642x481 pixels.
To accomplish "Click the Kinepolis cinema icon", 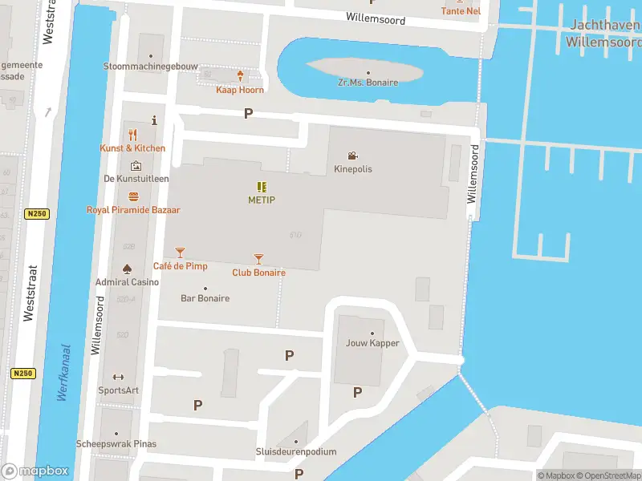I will pyautogui.click(x=353, y=156).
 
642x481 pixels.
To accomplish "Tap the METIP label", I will pyautogui.click(x=262, y=200).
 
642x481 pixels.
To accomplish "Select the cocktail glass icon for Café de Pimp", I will pyautogui.click(x=180, y=253).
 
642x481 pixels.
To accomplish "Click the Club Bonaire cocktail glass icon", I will pyautogui.click(x=258, y=259).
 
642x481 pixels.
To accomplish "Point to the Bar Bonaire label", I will pyautogui.click(x=205, y=298).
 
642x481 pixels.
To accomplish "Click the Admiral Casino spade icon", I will pyautogui.click(x=127, y=269).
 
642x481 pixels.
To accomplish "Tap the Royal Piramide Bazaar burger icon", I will pyautogui.click(x=133, y=196).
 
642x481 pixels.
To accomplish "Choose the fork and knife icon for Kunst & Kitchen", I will pyautogui.click(x=133, y=135).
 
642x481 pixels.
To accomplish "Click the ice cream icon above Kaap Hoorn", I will pyautogui.click(x=240, y=76).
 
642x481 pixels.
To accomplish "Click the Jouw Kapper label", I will pyautogui.click(x=372, y=343).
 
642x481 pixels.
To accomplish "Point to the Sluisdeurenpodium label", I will pyautogui.click(x=296, y=451).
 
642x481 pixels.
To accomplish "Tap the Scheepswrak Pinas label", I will pyautogui.click(x=116, y=443).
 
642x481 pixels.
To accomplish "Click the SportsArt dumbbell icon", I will pyautogui.click(x=119, y=377).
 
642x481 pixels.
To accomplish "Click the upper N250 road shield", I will pyautogui.click(x=36, y=214).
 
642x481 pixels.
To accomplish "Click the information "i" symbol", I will pyautogui.click(x=153, y=120).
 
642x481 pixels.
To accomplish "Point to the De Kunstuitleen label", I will pyautogui.click(x=136, y=178).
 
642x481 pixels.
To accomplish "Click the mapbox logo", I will pyautogui.click(x=35, y=471).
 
